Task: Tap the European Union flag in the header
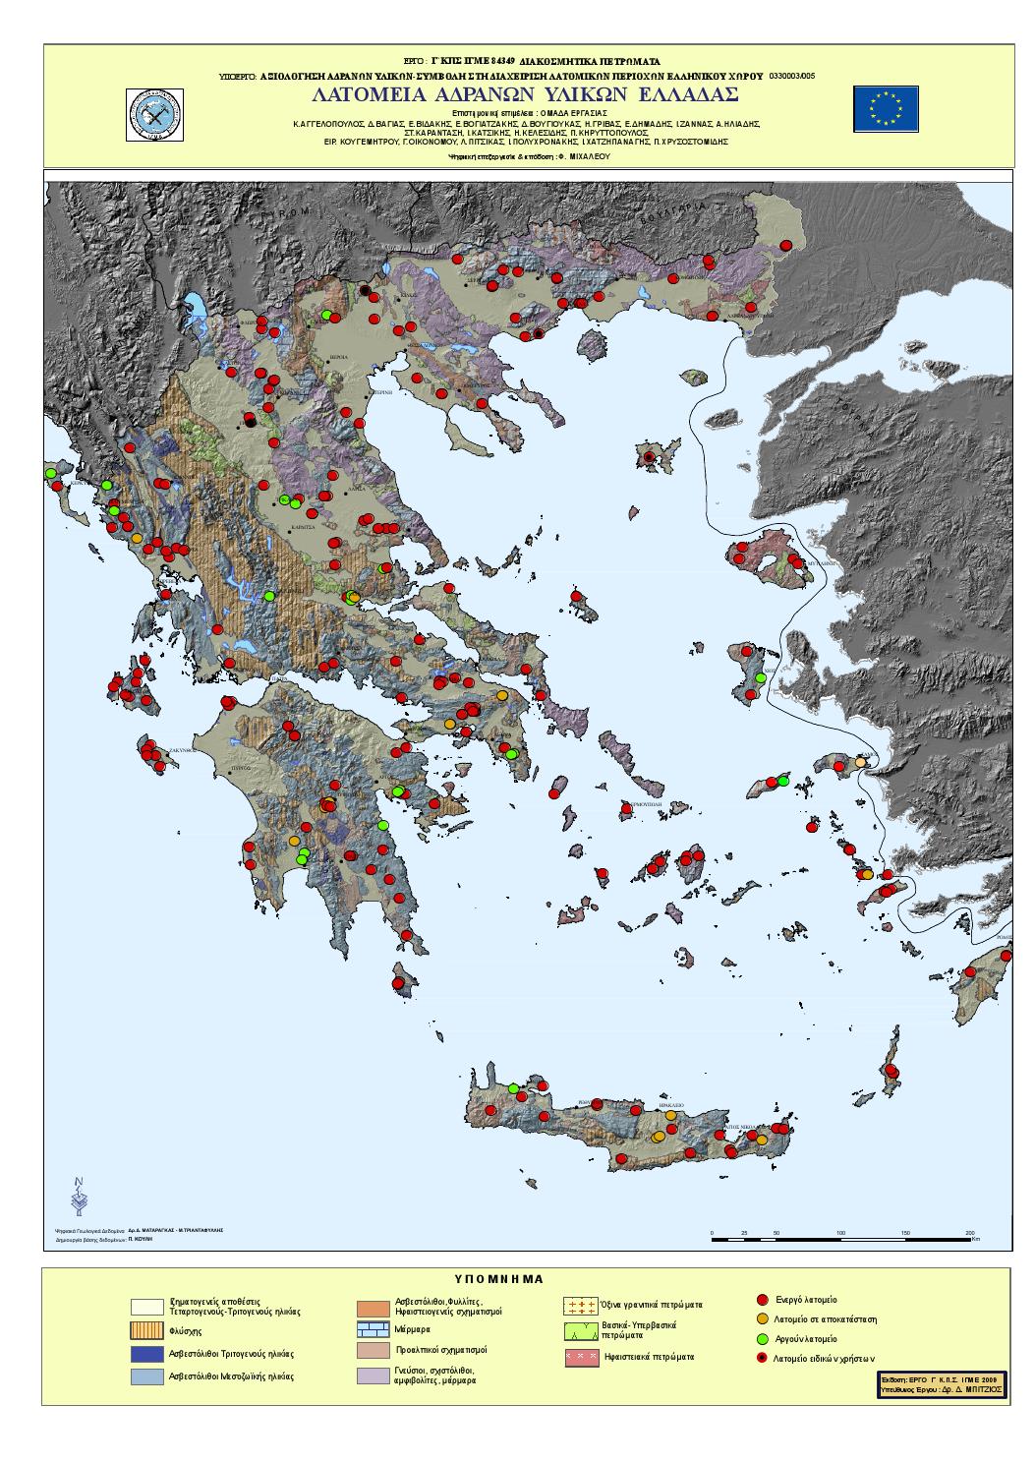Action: point(886,107)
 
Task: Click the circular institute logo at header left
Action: point(157,112)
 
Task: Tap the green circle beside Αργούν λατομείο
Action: point(763,1338)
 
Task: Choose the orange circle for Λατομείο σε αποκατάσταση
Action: point(763,1319)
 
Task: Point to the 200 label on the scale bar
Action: point(969,1232)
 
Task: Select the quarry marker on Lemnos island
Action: point(649,457)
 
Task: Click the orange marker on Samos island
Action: point(861,762)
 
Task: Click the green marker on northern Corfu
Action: point(51,474)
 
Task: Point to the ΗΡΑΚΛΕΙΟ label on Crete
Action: point(670,1104)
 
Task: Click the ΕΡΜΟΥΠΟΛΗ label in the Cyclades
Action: point(644,803)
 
